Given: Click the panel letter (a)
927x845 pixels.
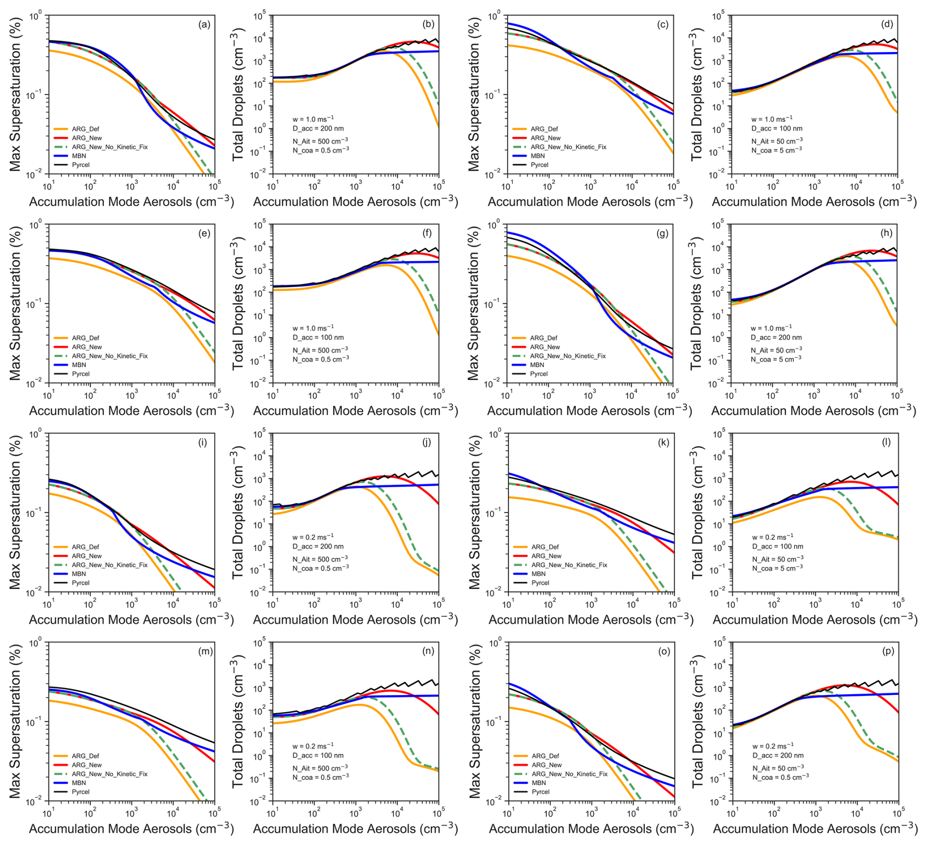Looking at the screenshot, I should click(204, 25).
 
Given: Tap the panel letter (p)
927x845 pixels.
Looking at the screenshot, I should click(888, 651).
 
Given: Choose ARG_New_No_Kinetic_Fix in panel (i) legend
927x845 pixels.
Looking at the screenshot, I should click(109, 565).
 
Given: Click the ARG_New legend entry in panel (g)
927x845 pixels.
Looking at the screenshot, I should click(545, 347).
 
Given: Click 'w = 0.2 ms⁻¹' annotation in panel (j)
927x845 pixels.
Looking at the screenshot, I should click(313, 537).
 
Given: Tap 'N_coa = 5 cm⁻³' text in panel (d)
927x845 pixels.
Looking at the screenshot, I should click(777, 150).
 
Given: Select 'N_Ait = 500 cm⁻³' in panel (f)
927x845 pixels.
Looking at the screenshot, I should click(320, 350).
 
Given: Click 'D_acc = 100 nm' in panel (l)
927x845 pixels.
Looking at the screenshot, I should click(778, 546).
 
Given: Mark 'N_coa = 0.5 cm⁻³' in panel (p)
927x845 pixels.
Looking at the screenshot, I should click(781, 777).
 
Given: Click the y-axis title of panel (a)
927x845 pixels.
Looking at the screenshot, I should click(16, 94).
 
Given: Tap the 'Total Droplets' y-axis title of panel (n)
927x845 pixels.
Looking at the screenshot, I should click(239, 721).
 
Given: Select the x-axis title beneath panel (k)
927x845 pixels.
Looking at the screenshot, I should click(591, 620).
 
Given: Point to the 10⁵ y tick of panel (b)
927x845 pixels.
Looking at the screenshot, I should click(260, 16).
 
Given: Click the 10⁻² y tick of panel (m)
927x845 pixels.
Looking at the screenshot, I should click(36, 801).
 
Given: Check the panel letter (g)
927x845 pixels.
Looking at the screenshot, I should click(662, 233).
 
